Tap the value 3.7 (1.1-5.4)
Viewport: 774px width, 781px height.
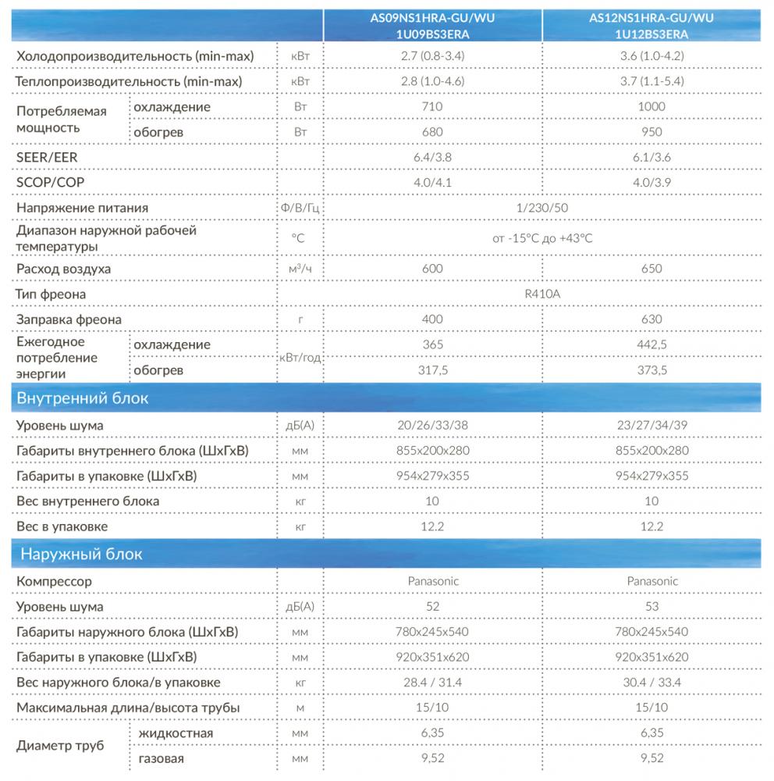pyautogui.click(x=652, y=81)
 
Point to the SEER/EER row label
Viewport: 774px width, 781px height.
pyautogui.click(x=47, y=157)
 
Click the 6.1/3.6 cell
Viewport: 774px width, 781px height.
pyautogui.click(x=652, y=157)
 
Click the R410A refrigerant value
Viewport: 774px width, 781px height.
pyautogui.click(x=541, y=294)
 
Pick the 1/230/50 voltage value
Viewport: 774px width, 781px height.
pyautogui.click(x=541, y=208)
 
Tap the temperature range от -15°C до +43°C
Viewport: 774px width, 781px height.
pyautogui.click(x=541, y=238)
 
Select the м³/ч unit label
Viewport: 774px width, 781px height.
pyautogui.click(x=300, y=269)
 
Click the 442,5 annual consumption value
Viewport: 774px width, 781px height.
pyautogui.click(x=652, y=344)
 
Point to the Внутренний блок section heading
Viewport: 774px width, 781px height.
pyautogui.click(x=82, y=399)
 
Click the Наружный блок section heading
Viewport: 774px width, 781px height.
pyautogui.click(x=79, y=555)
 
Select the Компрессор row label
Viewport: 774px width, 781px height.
pyautogui.click(x=54, y=581)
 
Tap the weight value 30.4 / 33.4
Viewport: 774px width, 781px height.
pyautogui.click(x=652, y=683)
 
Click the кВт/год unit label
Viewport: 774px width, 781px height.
pyautogui.click(x=300, y=358)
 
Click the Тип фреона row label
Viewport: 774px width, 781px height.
pyautogui.click(x=51, y=294)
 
